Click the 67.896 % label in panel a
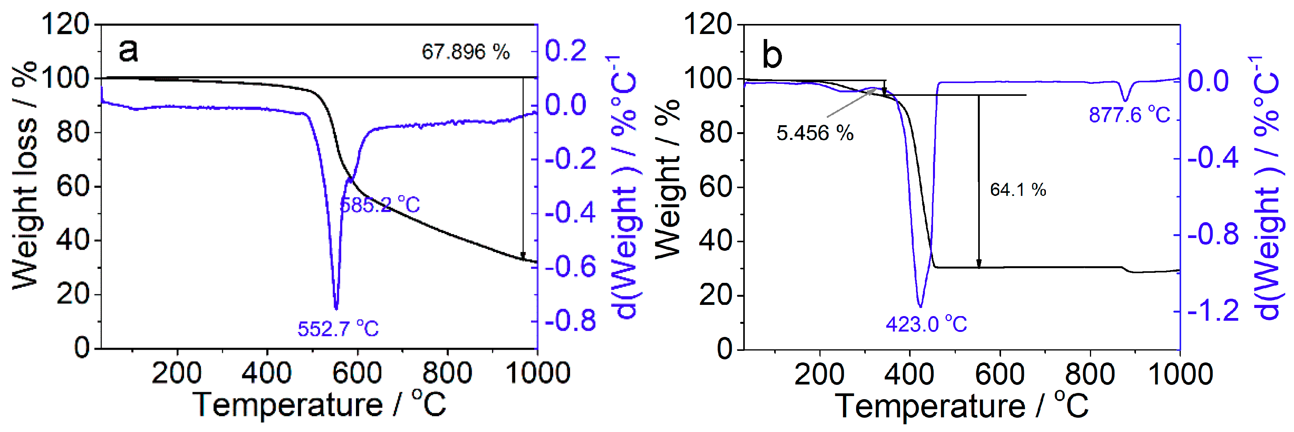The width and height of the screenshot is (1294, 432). click(x=465, y=52)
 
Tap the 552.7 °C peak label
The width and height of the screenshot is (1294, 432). click(x=338, y=329)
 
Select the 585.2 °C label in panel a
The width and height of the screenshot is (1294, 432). click(x=380, y=205)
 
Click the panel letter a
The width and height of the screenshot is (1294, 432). click(x=128, y=50)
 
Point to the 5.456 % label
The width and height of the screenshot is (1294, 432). click(x=815, y=133)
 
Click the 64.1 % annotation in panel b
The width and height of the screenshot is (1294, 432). click(x=1018, y=190)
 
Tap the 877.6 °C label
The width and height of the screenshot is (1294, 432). click(x=1129, y=115)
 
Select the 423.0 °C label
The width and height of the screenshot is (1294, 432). click(x=926, y=324)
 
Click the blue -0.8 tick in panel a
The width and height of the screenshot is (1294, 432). click(x=570, y=320)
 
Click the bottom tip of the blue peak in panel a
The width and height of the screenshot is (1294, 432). click(x=336, y=308)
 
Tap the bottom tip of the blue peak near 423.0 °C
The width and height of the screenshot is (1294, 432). click(x=920, y=306)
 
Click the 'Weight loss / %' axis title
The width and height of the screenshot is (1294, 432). click(x=24, y=176)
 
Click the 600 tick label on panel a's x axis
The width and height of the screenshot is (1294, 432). click(x=357, y=374)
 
